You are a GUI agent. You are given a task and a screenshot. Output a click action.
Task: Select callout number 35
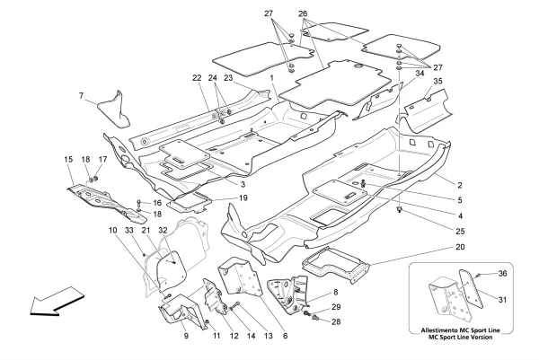pos(437,82)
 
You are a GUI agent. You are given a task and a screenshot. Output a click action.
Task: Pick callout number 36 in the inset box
pos(502,273)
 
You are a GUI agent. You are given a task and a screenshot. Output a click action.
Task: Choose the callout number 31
pos(502,299)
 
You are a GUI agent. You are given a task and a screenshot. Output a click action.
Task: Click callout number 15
pos(68,160)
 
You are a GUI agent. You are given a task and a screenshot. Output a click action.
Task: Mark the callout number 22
pos(196,77)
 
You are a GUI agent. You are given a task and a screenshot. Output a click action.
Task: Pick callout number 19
pos(243,197)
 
